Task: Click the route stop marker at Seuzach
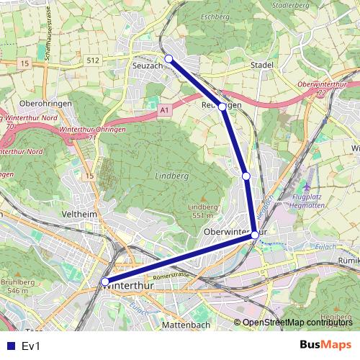[168, 58]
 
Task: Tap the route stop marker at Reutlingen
[222, 106]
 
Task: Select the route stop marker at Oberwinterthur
[255, 235]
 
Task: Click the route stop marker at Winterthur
[105, 282]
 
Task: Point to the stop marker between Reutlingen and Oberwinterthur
[246, 176]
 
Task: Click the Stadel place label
[263, 65]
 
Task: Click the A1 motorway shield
[164, 109]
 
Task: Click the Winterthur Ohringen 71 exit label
[91, 132]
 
